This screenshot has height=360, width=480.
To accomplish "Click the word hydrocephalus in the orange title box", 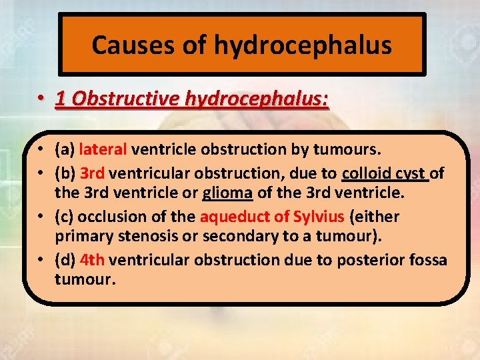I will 303,45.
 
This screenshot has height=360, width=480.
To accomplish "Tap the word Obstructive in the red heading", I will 117,99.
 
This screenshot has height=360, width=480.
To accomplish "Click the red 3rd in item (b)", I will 92,174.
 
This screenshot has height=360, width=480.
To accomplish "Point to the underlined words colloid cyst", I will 385,174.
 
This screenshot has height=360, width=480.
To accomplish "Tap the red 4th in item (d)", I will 92,259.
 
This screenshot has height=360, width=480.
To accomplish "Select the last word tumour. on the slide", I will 85,279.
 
